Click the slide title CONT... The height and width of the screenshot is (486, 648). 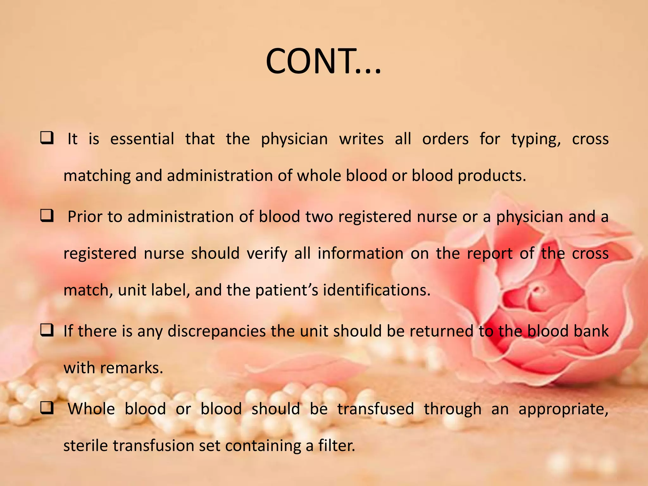(323, 61)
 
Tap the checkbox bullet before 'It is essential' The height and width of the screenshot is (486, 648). (47, 138)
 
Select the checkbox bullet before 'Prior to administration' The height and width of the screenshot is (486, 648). (47, 216)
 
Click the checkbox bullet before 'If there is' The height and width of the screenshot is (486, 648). (47, 331)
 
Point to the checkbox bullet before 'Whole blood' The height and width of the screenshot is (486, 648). (47, 408)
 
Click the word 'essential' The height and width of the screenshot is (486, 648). (142, 139)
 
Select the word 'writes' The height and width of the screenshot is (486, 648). (361, 139)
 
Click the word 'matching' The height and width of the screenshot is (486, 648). (97, 176)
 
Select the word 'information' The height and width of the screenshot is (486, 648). (360, 253)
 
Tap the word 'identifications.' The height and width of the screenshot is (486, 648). (377, 290)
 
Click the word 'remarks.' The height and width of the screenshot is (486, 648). (131, 368)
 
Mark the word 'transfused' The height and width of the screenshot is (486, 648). (376, 409)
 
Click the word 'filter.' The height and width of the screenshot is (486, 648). (337, 446)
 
